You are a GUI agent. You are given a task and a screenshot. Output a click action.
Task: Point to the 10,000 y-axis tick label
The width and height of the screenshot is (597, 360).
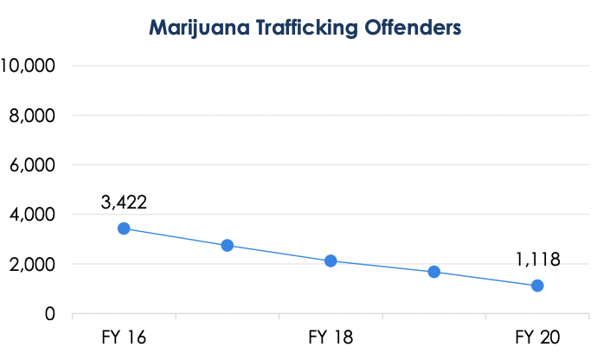tap(29, 65)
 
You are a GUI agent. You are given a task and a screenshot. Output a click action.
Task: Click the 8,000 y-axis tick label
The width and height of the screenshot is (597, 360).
tap(33, 115)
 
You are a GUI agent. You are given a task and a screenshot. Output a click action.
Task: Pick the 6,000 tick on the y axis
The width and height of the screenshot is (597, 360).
tap(33, 164)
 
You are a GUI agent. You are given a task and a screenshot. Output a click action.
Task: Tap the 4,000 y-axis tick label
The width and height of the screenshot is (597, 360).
tap(33, 214)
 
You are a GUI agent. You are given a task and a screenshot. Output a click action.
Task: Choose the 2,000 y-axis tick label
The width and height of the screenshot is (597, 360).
tap(33, 264)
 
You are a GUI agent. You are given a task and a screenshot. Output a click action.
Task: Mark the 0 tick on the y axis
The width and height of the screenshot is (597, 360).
tap(51, 313)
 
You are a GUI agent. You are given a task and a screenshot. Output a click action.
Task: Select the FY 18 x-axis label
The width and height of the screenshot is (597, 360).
tap(331, 336)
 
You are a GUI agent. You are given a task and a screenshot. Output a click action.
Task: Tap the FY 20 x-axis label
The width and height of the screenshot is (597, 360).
tap(537, 336)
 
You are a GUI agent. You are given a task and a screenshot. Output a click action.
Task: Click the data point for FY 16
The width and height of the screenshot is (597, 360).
tap(124, 228)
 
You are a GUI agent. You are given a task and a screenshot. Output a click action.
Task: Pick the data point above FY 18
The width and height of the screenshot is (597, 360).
tap(331, 260)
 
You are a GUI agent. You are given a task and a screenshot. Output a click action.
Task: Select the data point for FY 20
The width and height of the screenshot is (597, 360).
tap(537, 286)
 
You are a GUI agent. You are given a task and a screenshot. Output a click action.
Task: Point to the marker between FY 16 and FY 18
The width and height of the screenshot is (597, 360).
tap(228, 245)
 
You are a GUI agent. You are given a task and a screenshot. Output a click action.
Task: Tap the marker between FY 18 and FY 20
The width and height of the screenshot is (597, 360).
tap(434, 272)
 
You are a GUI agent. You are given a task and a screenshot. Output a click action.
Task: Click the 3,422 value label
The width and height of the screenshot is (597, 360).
tap(124, 203)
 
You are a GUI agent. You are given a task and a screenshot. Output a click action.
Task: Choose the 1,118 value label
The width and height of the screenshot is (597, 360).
tap(537, 259)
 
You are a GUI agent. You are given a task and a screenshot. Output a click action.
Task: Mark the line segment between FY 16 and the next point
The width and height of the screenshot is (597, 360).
tap(176, 237)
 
